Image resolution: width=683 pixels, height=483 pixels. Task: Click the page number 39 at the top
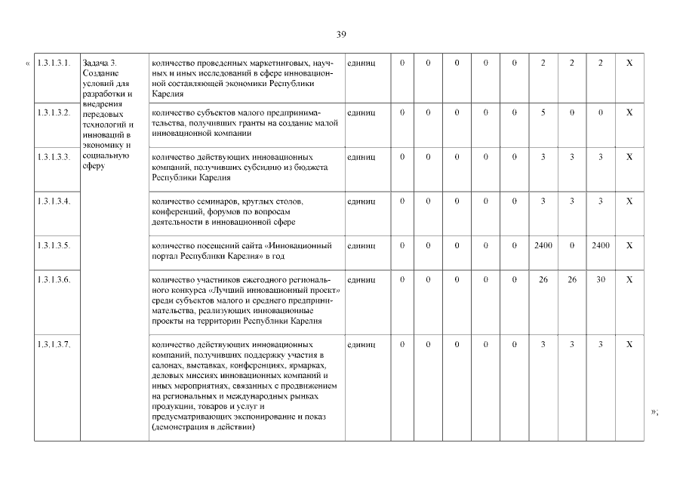click(341, 35)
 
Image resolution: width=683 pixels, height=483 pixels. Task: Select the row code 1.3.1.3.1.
click(54, 62)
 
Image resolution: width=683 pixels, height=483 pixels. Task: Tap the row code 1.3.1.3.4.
click(54, 202)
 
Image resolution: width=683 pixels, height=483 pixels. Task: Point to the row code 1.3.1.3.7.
click(54, 345)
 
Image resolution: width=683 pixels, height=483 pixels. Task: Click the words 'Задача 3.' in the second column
click(100, 62)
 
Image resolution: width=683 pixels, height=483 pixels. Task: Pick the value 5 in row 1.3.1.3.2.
click(543, 112)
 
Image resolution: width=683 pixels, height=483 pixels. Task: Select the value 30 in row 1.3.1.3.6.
click(600, 279)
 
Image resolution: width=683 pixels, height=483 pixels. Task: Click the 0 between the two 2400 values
click(571, 246)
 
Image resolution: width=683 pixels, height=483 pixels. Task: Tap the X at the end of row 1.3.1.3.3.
click(629, 157)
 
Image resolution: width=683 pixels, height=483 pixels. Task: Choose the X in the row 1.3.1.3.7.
click(629, 345)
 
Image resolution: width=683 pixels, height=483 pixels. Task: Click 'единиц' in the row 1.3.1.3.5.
click(361, 246)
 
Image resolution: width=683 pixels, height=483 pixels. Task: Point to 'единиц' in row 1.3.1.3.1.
click(361, 62)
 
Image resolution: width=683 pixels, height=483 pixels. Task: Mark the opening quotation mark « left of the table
click(29, 62)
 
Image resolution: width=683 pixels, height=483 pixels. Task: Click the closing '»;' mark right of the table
click(655, 411)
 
